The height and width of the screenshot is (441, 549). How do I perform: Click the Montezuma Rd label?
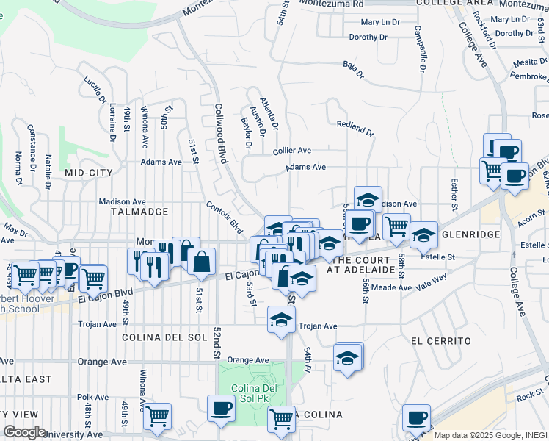[x=339, y=4]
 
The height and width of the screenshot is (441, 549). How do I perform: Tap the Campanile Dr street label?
[x=418, y=50]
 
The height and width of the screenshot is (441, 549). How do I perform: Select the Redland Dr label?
[x=355, y=129]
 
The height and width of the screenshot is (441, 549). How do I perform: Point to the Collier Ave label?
[x=294, y=150]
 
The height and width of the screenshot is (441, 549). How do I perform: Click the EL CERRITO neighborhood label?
[x=440, y=342]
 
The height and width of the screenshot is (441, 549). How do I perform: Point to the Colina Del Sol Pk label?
[x=251, y=387]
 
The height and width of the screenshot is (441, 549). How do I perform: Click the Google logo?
[x=24, y=431]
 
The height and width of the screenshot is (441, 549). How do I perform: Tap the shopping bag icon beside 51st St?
[x=200, y=261]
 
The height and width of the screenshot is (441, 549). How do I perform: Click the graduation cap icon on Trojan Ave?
[x=280, y=320]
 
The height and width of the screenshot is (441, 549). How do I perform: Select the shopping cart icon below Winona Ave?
[x=157, y=416]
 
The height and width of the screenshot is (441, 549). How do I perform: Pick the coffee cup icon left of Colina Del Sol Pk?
[x=220, y=408]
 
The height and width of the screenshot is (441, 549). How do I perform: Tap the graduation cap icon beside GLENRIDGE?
[x=423, y=235]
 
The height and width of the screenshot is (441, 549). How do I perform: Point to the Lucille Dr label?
[x=95, y=90]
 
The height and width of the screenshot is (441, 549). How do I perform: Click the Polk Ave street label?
[x=92, y=397]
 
